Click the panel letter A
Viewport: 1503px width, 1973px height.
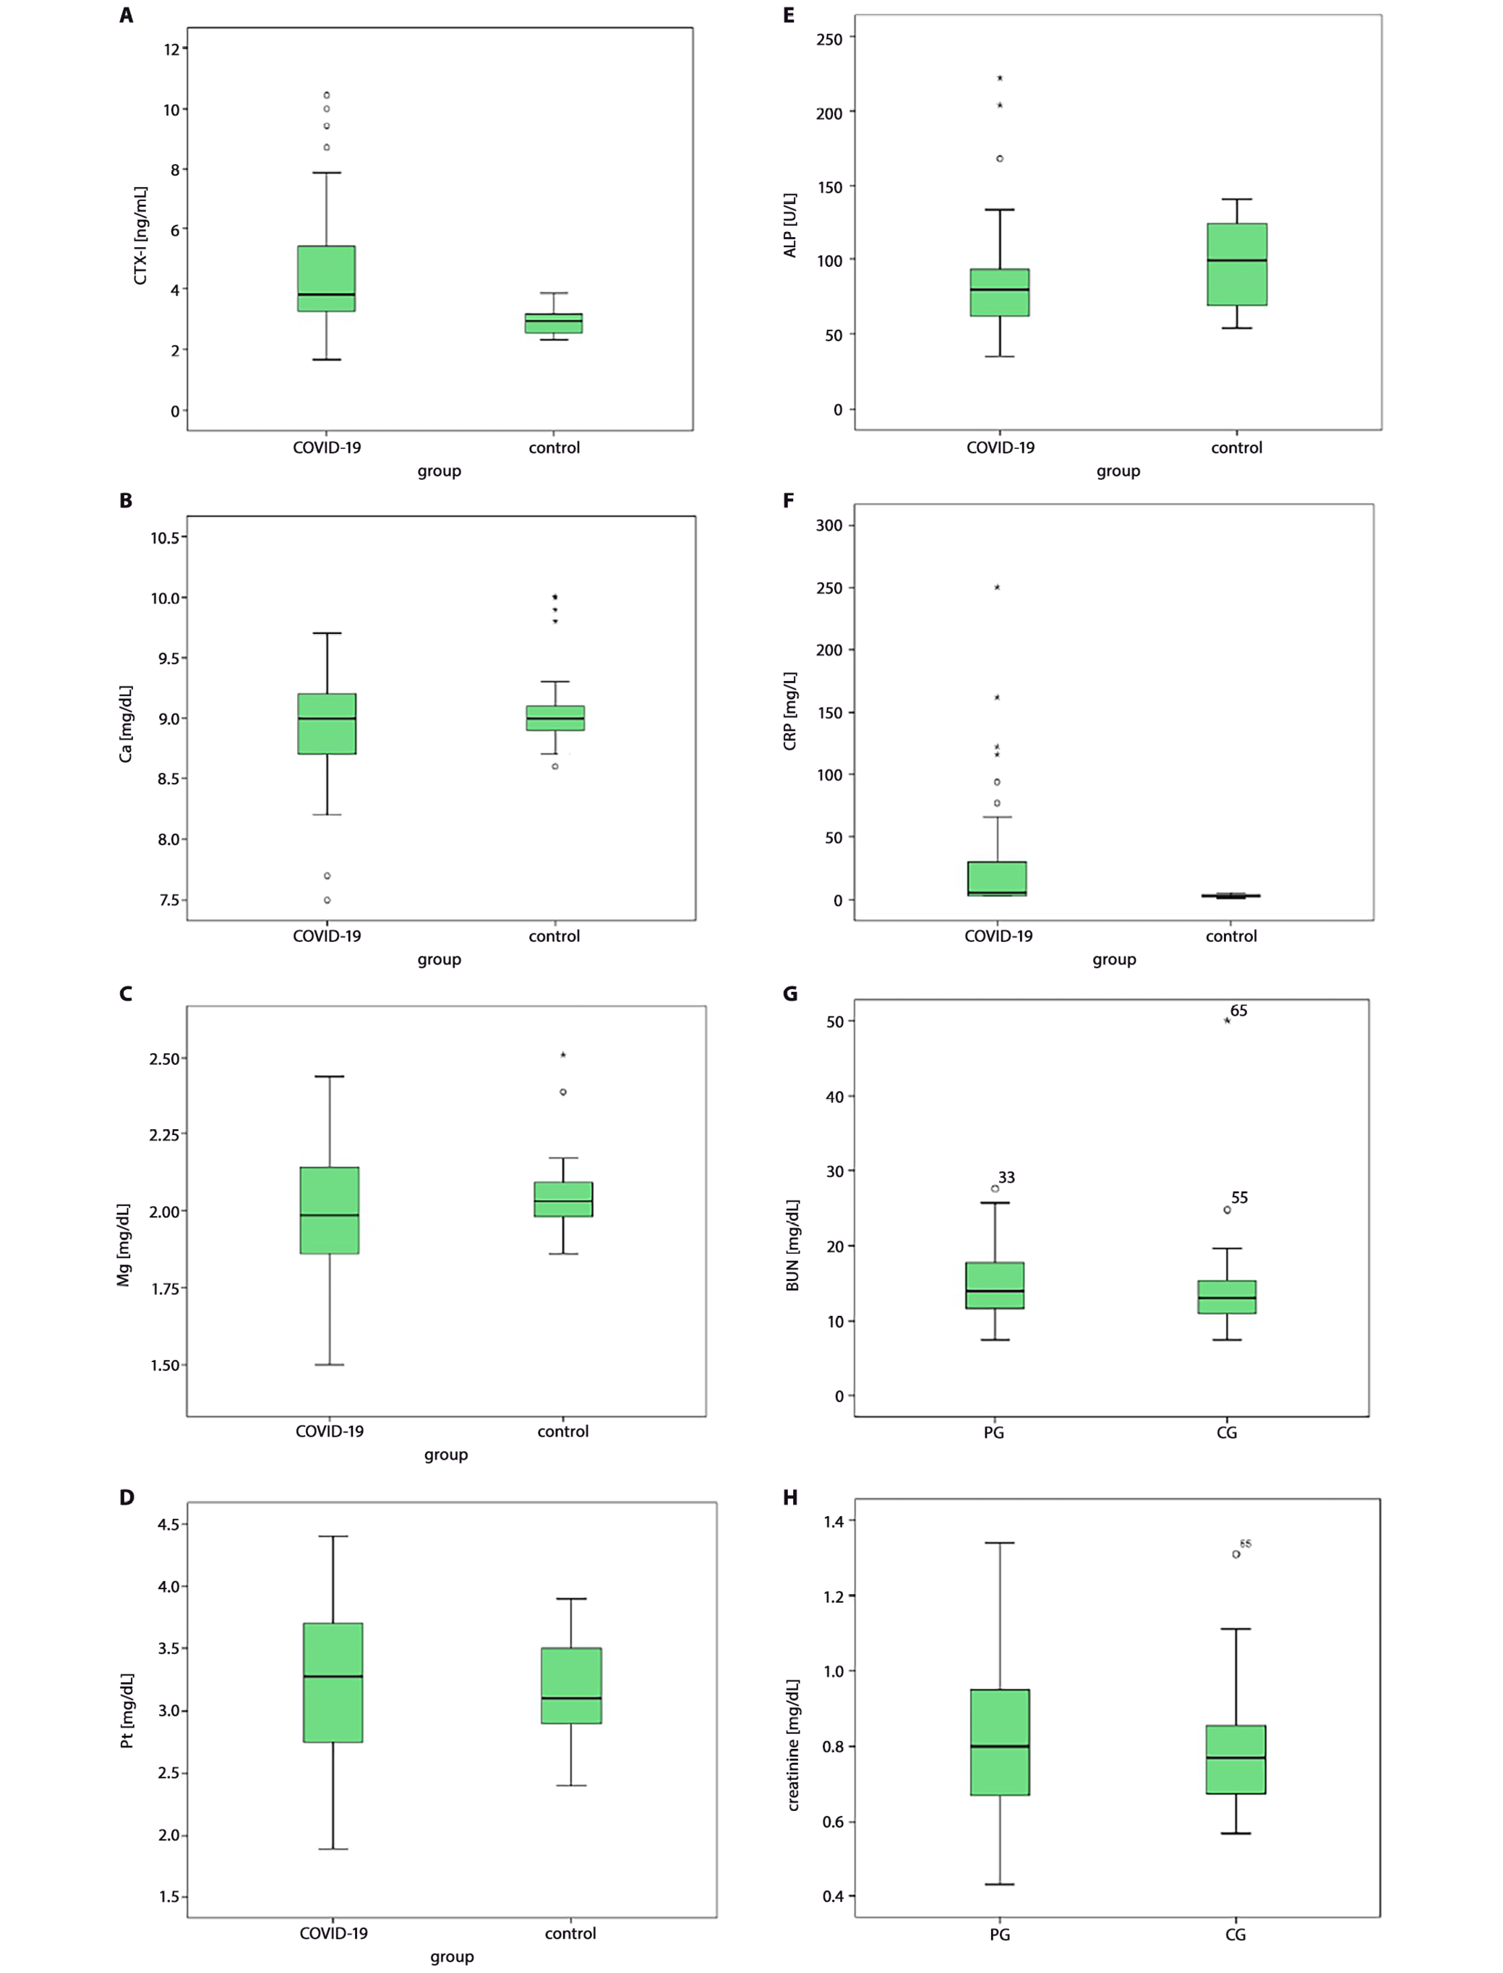pyautogui.click(x=126, y=15)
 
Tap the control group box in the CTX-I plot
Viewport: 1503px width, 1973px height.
pyautogui.click(x=554, y=323)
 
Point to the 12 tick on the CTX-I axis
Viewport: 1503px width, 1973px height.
pyautogui.click(x=172, y=49)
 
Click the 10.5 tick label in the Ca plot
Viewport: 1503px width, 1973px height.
pyautogui.click(x=166, y=538)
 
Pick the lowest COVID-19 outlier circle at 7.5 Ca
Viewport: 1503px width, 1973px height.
pyautogui.click(x=327, y=900)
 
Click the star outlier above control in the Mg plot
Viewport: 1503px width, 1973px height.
pyautogui.click(x=562, y=1055)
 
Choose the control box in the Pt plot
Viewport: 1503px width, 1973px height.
pyautogui.click(x=571, y=1685)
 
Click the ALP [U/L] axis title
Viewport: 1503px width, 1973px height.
pyautogui.click(x=790, y=226)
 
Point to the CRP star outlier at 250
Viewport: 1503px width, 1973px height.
pyautogui.click(x=997, y=587)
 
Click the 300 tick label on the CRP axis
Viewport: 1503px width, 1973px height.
pyautogui.click(x=828, y=525)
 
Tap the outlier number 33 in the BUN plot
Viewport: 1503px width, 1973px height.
pyautogui.click(x=1006, y=1178)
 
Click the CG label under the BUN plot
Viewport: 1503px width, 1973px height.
pyautogui.click(x=1227, y=1432)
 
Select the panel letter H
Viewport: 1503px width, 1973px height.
pyautogui.click(x=790, y=1498)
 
